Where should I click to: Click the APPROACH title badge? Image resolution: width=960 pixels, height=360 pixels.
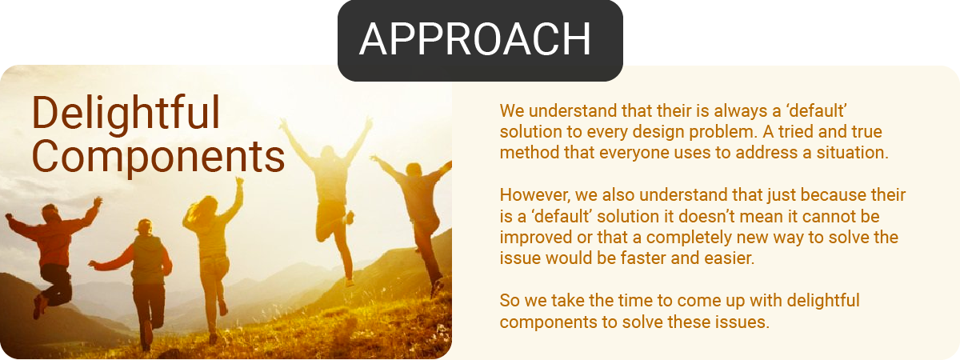tap(480, 41)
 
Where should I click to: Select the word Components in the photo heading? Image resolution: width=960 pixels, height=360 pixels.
tap(158, 157)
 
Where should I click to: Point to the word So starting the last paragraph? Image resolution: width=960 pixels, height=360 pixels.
tap(510, 301)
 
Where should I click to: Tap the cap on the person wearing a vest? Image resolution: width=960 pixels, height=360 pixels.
tap(144, 225)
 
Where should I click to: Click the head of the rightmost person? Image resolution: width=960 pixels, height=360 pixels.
tap(414, 170)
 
